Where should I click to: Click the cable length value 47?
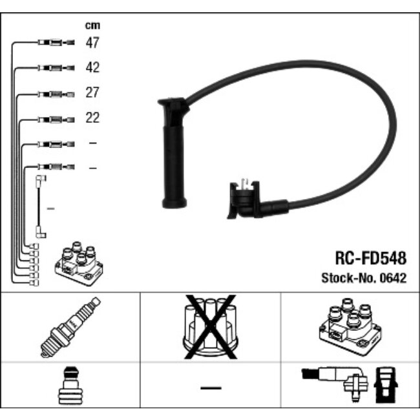pos(92,43)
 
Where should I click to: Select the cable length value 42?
pos(92,68)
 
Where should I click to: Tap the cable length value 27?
pos(92,93)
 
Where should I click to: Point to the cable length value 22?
pos(92,118)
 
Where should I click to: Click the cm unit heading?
pos(92,26)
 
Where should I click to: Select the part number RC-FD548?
pos(370,258)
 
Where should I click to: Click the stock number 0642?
pos(394,278)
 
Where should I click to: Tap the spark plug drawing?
pos(70,327)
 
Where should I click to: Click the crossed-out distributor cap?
pos(209,327)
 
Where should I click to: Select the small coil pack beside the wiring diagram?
pos(77,264)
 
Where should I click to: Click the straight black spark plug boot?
pos(173,155)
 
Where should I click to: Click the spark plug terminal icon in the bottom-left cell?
pos(70,388)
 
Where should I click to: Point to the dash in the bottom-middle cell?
pos(210,388)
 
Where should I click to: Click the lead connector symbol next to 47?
pos(56,43)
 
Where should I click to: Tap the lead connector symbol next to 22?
pos(56,119)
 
